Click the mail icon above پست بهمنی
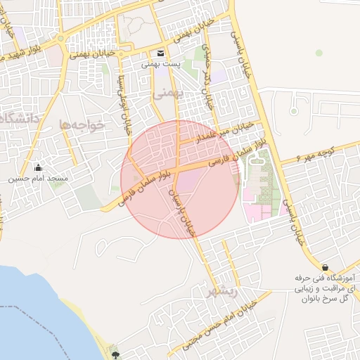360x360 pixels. [161, 53]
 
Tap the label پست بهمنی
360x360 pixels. [161, 64]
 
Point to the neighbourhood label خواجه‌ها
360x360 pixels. [82, 124]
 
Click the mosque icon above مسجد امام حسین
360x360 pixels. [38, 168]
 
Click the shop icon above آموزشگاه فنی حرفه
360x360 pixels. [325, 267]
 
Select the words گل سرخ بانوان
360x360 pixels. [326, 299]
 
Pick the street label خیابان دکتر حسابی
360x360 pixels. [207, 77]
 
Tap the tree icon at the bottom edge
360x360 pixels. [115, 355]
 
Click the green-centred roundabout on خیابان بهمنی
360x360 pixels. [60, 37]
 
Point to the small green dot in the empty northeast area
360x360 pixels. [319, 53]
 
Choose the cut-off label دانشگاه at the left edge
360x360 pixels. [15, 118]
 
